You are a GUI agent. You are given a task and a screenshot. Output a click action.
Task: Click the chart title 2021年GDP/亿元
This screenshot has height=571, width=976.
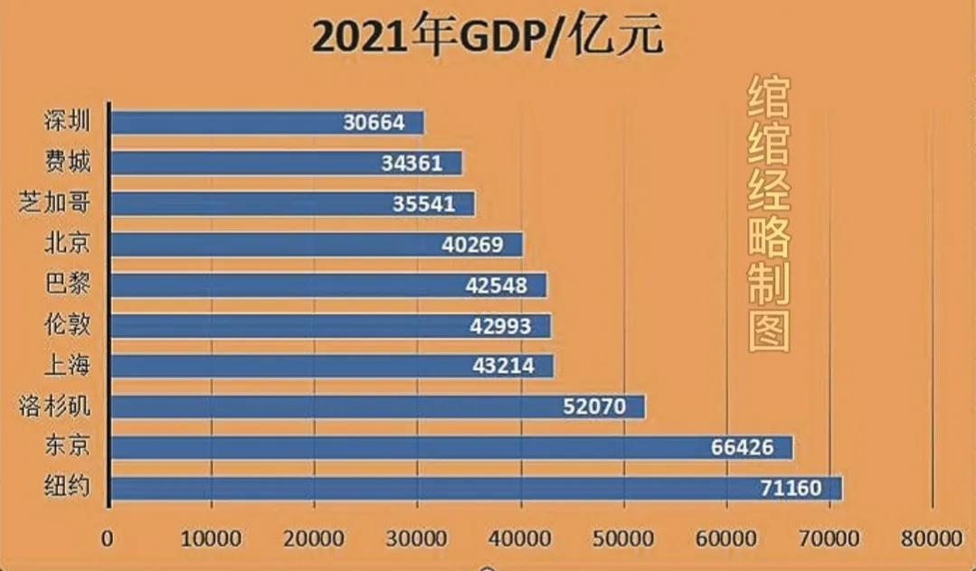pos(488,37)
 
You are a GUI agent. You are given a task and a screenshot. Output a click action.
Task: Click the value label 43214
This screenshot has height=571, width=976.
pos(503,366)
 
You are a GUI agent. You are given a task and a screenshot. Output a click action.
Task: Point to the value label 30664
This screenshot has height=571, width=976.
pos(374,122)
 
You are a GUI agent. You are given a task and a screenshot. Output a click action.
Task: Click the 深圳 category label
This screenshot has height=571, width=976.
pos(67,121)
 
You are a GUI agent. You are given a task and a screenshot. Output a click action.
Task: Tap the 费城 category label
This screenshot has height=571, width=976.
pos(67,162)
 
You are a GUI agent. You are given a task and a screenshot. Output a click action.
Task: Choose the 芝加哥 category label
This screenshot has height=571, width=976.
pos(55,202)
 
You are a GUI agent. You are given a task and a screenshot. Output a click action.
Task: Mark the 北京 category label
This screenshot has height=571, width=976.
pos(67,243)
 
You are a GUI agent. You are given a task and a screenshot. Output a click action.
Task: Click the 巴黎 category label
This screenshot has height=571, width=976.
pos(67,284)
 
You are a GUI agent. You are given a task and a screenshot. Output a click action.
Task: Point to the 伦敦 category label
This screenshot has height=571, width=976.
pos(67,324)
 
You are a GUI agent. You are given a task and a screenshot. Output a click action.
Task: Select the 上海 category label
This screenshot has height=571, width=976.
pos(67,365)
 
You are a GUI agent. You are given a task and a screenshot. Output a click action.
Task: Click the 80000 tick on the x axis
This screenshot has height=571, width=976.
pos(932,538)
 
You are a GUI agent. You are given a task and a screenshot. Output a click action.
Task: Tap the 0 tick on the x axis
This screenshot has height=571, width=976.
pos(109,538)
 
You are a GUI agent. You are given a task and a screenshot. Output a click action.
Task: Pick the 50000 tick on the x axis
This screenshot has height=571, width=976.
pos(622,538)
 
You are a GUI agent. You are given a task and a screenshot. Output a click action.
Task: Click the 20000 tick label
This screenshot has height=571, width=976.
pos(314,538)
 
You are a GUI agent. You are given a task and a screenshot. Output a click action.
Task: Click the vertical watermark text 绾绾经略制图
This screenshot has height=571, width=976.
pos(768,214)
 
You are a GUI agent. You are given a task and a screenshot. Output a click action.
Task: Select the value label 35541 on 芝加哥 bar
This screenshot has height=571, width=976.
pos(423,203)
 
